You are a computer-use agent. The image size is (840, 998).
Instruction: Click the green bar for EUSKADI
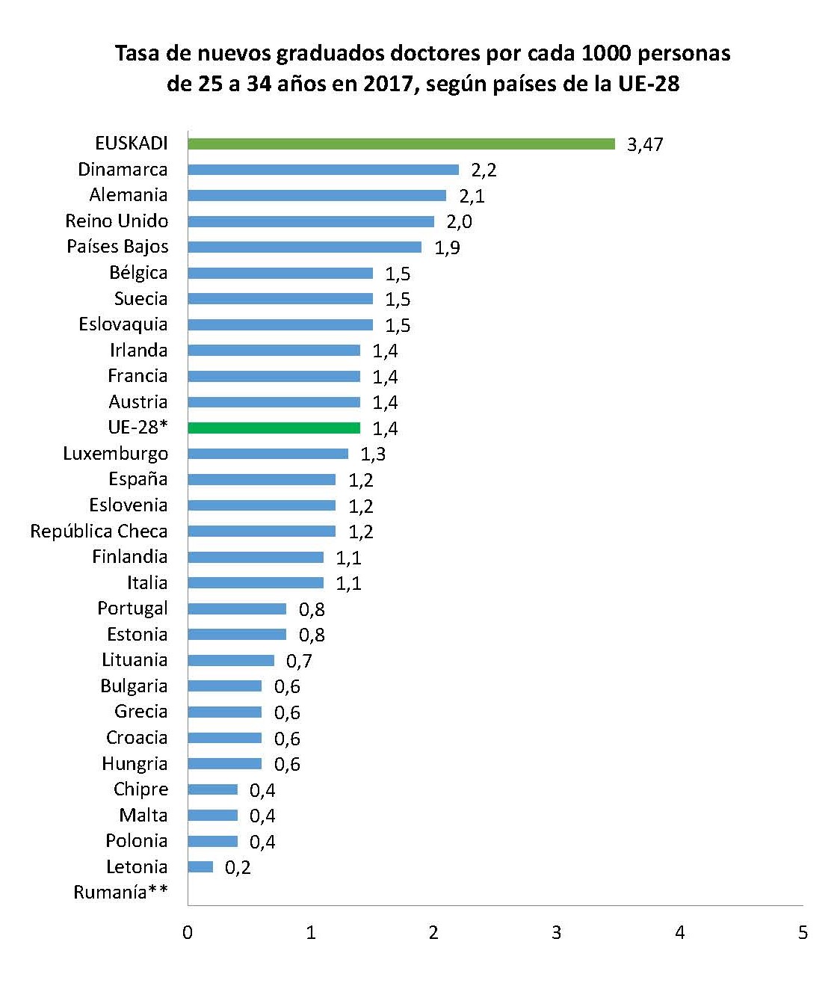401,144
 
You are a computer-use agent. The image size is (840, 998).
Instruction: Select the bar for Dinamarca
323,170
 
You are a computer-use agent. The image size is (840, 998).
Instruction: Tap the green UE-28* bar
274,428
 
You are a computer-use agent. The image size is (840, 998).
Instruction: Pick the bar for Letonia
200,866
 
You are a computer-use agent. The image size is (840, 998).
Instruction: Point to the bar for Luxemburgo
268,454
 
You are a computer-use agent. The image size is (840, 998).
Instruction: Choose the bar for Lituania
231,660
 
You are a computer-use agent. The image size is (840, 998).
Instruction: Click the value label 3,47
644,144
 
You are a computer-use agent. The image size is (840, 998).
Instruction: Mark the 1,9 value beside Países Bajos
447,247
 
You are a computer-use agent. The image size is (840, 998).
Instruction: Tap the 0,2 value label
238,867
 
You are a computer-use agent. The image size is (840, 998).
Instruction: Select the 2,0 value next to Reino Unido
459,221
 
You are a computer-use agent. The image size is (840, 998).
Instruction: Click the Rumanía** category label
120,892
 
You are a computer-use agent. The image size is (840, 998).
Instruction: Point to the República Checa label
99,531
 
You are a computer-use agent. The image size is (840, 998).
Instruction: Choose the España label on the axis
138,479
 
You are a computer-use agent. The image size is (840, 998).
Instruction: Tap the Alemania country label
129,195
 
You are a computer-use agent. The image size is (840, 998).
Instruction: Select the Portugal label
132,609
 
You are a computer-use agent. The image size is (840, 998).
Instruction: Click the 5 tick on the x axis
803,932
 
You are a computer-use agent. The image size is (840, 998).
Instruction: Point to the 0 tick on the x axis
188,932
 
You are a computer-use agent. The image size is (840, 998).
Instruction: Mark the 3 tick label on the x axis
556,932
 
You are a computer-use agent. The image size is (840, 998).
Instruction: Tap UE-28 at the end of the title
649,84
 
